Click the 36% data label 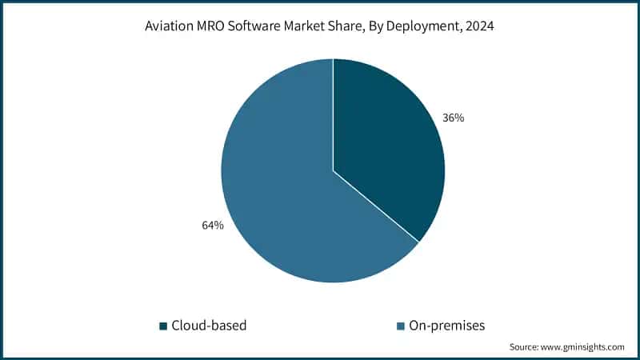[x=454, y=118]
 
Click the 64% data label [x=213, y=226]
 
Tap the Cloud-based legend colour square [x=164, y=326]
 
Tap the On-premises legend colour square [x=401, y=326]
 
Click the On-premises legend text [x=446, y=326]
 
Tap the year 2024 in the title [x=481, y=26]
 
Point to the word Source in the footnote [x=524, y=347]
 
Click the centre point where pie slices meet [x=333, y=170]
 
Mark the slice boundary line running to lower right [x=376, y=206]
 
